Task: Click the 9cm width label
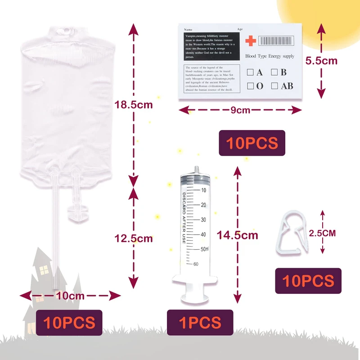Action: tap(240, 110)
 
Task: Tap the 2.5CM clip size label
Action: tap(323, 233)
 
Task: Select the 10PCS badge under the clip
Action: tap(308, 281)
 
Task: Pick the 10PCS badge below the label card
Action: tap(252, 143)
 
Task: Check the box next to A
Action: tap(250, 72)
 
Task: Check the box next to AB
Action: tap(274, 86)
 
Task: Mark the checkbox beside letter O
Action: tap(250, 86)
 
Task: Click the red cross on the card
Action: tap(251, 41)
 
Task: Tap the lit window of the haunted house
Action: tap(44, 270)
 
